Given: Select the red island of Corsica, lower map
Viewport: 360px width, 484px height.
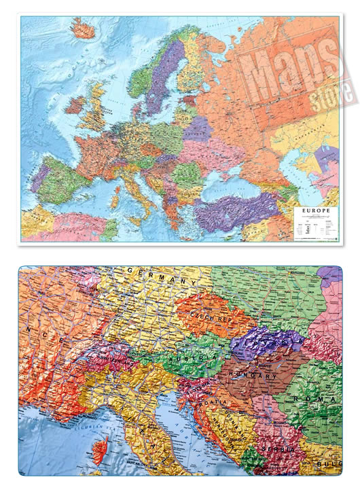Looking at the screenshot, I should pos(100,447).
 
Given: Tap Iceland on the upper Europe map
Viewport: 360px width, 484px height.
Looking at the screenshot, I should pos(83,29).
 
